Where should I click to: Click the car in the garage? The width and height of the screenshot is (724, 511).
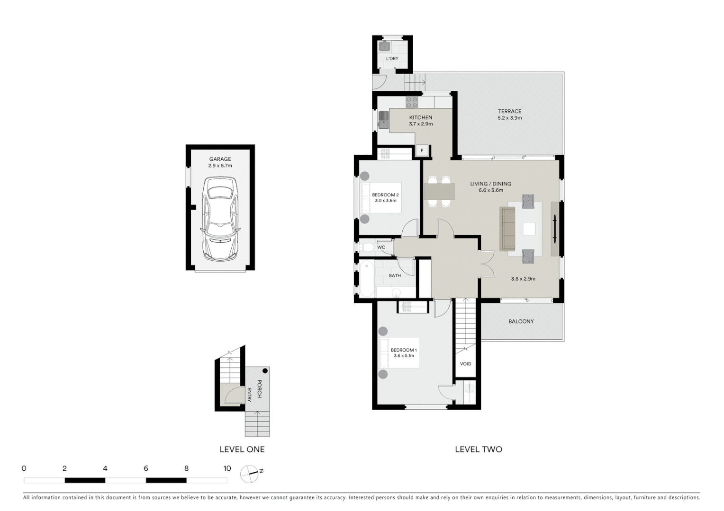(220, 219)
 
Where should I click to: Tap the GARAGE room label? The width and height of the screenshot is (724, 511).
(220, 159)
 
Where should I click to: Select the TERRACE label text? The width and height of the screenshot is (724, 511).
(509, 111)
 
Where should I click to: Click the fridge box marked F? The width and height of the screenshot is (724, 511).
(422, 151)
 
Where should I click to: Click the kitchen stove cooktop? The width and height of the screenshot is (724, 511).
(412, 102)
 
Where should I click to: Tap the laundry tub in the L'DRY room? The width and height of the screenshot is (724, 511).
(384, 46)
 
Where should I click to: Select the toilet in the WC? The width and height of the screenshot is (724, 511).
(366, 247)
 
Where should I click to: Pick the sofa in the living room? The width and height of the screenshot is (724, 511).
(507, 229)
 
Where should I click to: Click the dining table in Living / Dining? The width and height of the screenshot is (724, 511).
(439, 191)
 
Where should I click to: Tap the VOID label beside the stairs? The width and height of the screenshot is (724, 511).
(465, 364)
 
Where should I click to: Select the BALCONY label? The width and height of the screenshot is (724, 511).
(521, 321)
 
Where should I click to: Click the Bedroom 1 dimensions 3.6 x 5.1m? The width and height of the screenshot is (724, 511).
(403, 356)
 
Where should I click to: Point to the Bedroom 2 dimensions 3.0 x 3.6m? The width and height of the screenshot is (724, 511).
(385, 201)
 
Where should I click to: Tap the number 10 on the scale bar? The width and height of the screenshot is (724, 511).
(227, 468)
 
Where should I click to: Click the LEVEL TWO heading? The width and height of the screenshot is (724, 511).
(478, 449)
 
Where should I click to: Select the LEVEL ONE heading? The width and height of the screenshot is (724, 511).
(242, 449)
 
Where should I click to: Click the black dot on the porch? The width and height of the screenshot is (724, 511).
(265, 371)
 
